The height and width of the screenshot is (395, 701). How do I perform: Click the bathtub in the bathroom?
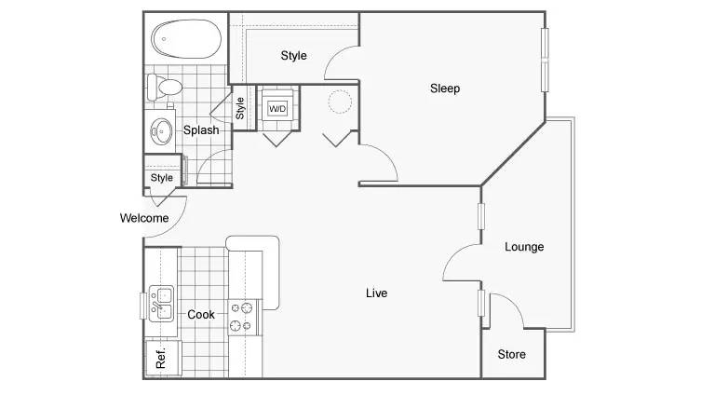click(x=186, y=39)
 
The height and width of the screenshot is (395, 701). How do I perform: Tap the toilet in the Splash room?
click(x=165, y=88)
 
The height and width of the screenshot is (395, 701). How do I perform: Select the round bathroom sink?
click(x=161, y=131)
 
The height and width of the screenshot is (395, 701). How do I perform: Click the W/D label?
click(x=277, y=109)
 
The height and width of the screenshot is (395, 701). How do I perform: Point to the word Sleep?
click(x=445, y=89)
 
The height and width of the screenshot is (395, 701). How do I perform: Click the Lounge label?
click(x=524, y=247)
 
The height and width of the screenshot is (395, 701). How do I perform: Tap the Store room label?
click(x=511, y=354)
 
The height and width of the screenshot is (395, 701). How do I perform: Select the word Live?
click(x=376, y=293)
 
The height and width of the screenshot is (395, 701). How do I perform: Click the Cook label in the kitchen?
click(x=201, y=315)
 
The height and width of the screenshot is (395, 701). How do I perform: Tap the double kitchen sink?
click(x=161, y=304)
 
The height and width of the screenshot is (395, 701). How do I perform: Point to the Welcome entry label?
click(x=144, y=218)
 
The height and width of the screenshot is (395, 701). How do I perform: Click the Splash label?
click(x=201, y=130)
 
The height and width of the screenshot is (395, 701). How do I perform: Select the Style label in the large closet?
click(x=294, y=56)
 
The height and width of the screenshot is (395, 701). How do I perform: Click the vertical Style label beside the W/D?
click(x=240, y=108)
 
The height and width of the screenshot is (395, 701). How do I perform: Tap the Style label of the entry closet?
click(x=161, y=178)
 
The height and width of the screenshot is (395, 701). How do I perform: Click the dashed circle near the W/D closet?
click(x=340, y=102)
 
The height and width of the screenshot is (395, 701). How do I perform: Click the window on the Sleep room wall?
click(x=545, y=60)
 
